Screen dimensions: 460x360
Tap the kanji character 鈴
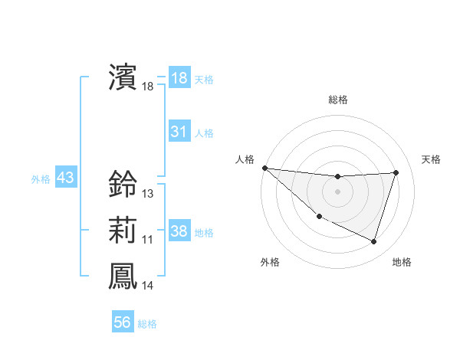[123, 185]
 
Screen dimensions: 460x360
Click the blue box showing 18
[179, 77]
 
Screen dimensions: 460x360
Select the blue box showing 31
[179, 132]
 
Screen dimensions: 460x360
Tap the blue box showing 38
[179, 231]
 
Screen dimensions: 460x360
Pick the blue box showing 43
[66, 178]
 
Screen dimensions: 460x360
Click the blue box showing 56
[123, 322]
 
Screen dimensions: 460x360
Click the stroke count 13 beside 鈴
[148, 195]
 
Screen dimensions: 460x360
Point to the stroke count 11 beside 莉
[148, 240]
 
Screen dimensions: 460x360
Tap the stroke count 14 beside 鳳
[148, 286]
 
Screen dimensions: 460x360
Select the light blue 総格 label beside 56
[148, 324]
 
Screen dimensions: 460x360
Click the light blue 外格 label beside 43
[41, 179]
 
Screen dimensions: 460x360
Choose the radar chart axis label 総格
[337, 100]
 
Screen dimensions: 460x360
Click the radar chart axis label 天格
[432, 159]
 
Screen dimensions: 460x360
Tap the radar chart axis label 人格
[245, 159]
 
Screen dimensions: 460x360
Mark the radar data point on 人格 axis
[264, 168]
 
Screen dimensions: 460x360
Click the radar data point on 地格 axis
[374, 242]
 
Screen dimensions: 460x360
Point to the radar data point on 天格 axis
[396, 172]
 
